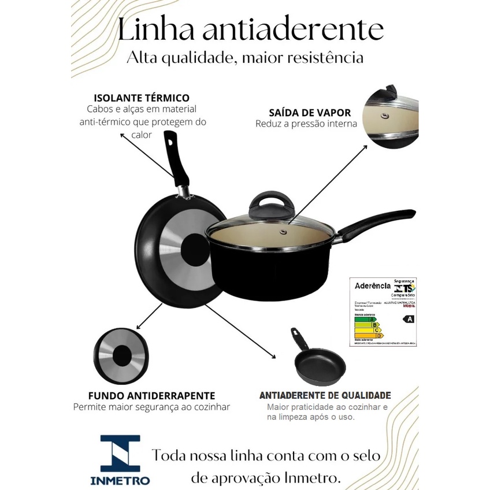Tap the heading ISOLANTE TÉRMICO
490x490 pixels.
pyautogui.click(x=142, y=98)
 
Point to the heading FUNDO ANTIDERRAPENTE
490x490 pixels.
pyautogui.click(x=151, y=396)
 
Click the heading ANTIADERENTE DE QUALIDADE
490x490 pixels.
pyautogui.click(x=325, y=396)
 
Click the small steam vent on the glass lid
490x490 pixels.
pyautogui.click(x=283, y=232)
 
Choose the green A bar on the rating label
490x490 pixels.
pyautogui.click(x=364, y=319)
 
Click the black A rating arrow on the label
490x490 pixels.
pyautogui.click(x=410, y=318)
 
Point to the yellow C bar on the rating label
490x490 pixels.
pyautogui.click(x=367, y=330)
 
